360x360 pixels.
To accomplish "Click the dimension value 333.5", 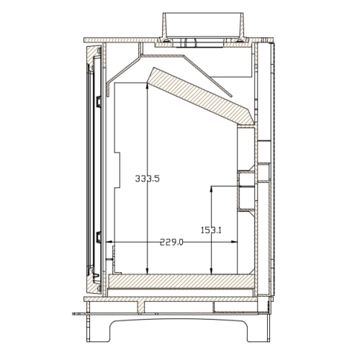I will point(147,178).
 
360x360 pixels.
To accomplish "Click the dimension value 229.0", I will point(171,243).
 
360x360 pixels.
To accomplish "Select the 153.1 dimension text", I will point(210,230).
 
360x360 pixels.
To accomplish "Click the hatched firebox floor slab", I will point(180,281).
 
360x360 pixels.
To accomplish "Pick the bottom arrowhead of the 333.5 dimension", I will point(147,272).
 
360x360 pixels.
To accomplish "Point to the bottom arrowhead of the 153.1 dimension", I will point(210,272).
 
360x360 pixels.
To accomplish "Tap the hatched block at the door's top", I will point(91,52).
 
